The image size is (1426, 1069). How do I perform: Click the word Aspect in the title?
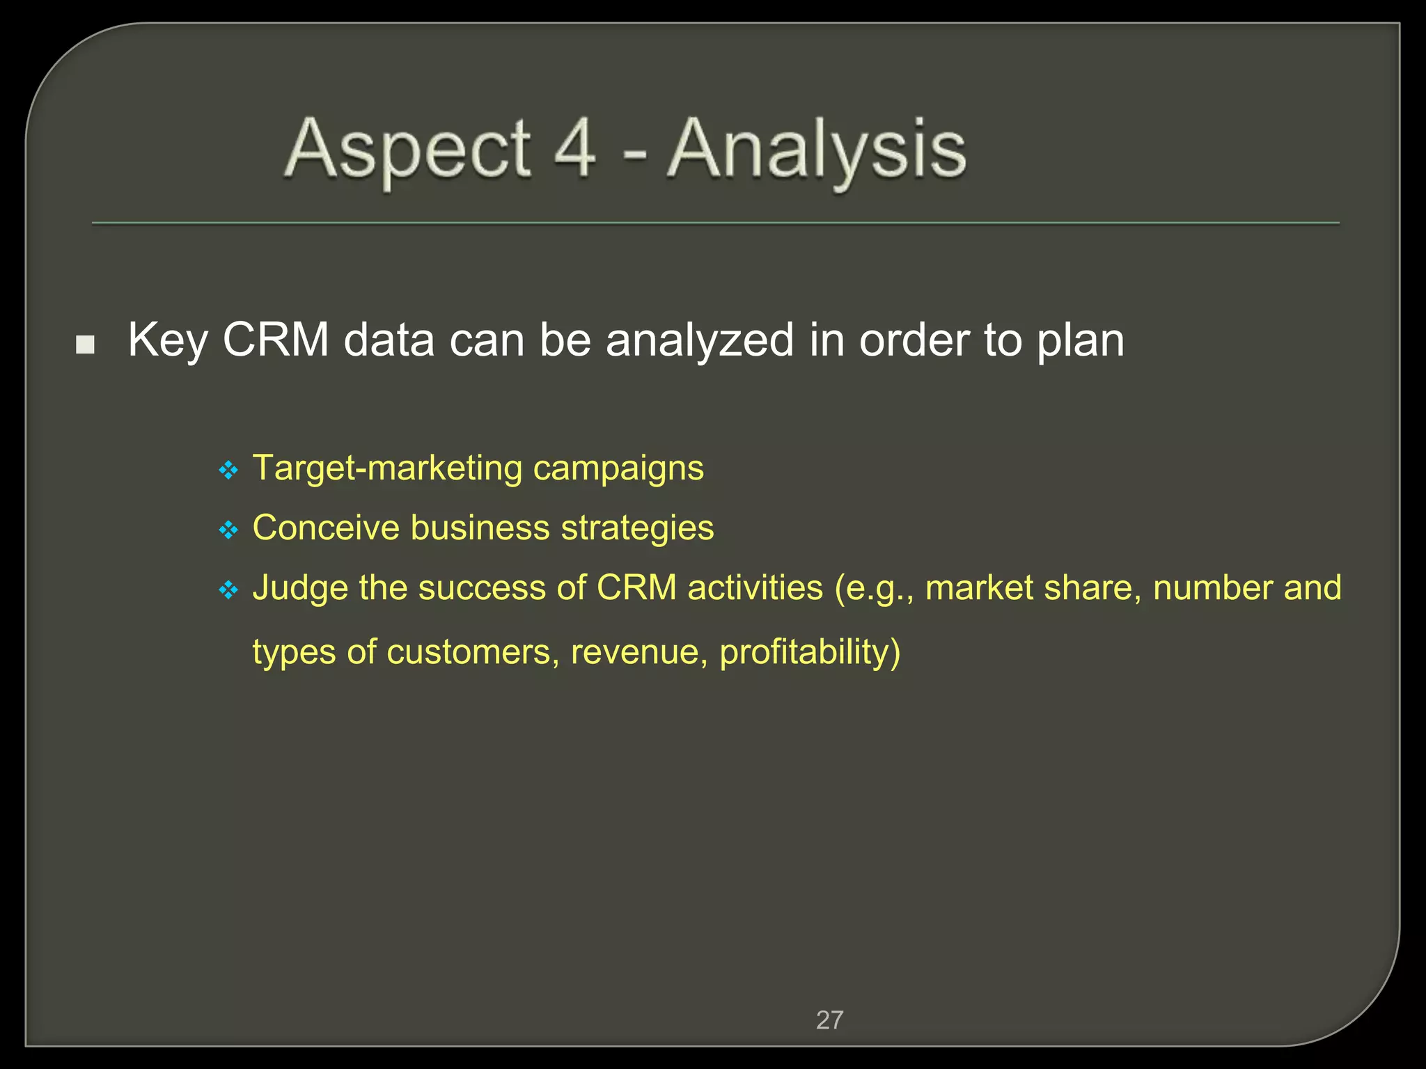408,150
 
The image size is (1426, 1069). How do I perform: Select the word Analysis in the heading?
817,150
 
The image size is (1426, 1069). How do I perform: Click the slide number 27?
829,1020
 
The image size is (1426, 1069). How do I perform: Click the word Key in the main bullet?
168,341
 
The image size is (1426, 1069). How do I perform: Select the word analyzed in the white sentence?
700,341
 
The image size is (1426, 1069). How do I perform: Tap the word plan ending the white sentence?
1080,341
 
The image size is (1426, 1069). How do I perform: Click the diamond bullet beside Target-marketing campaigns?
228,471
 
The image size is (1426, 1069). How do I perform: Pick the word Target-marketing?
387,468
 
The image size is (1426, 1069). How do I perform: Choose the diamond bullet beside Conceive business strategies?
228,531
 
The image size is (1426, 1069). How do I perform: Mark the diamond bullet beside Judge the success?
228,591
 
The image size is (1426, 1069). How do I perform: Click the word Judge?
300,589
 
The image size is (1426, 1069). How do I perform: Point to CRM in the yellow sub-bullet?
636,587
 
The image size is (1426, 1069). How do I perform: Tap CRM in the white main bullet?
276,341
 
